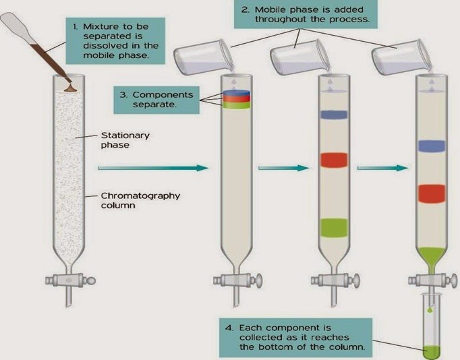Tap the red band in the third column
click(333, 160)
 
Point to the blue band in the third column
click(333, 115)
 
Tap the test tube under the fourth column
click(432, 324)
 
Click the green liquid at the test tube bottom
click(432, 350)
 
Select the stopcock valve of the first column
click(69, 280)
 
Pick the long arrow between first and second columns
click(152, 167)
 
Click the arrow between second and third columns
click(279, 167)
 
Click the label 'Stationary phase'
click(125, 140)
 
